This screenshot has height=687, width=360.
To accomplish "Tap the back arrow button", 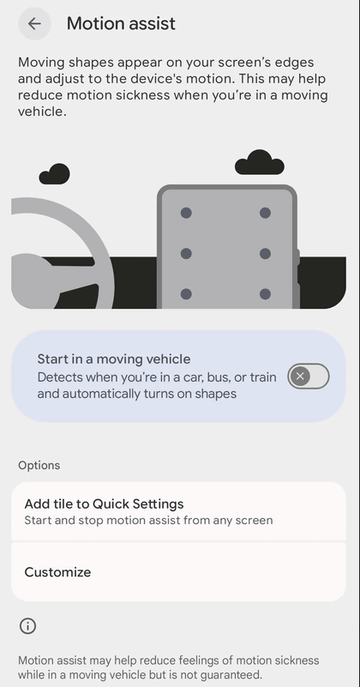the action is (34, 24).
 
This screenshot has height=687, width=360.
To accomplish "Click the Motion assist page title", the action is (121, 24).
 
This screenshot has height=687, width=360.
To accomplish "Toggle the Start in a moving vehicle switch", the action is (309, 376).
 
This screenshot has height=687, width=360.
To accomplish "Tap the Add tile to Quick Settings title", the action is (104, 503).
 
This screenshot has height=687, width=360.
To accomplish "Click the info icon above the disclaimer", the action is (27, 626).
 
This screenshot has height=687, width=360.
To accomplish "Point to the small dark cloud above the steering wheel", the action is (54, 174).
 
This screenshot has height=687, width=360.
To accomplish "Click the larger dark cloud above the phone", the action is (260, 163).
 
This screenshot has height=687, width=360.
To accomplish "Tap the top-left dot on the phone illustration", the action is (186, 213).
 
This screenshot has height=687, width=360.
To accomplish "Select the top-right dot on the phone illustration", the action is (265, 213).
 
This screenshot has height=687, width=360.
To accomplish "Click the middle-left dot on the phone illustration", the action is (186, 254).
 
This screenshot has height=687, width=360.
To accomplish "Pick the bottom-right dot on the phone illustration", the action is (265, 294).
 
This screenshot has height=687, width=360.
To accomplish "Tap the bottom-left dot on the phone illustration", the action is (186, 294).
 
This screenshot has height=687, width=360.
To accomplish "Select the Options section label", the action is (39, 466).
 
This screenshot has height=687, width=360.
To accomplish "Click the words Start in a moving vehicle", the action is (114, 359).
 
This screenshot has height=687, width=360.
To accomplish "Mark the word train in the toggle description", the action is (263, 377).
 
